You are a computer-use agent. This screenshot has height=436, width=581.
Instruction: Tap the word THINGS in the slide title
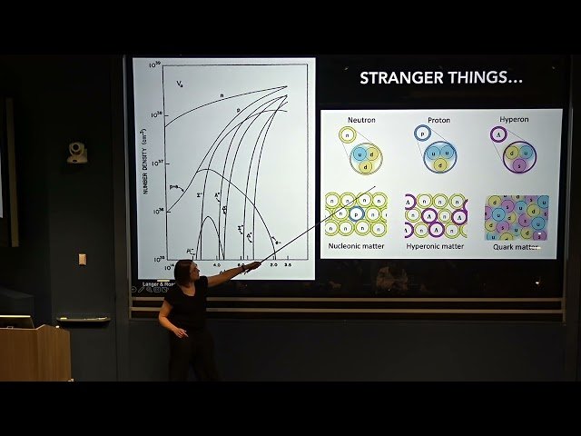point(480,78)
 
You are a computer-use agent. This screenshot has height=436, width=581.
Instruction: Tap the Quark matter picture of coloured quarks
point(517,216)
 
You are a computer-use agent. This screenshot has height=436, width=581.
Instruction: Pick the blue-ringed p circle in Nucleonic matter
point(358,215)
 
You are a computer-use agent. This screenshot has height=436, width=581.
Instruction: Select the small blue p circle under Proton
point(421,134)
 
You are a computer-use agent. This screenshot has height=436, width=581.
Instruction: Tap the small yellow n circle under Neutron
point(346,135)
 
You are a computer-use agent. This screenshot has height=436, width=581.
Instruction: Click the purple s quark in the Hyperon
point(519,164)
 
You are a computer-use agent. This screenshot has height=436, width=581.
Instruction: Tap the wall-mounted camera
point(77,153)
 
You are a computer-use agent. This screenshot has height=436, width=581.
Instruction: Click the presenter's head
point(184,271)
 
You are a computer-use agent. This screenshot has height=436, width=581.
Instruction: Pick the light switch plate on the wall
point(82,259)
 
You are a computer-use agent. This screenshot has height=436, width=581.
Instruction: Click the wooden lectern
point(36,352)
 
